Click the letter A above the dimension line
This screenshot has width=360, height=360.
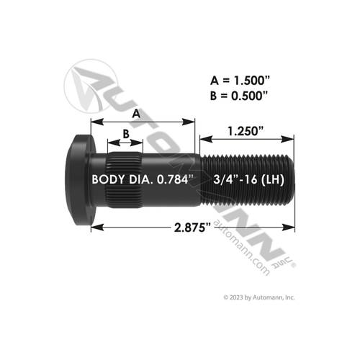(x=135, y=113)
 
